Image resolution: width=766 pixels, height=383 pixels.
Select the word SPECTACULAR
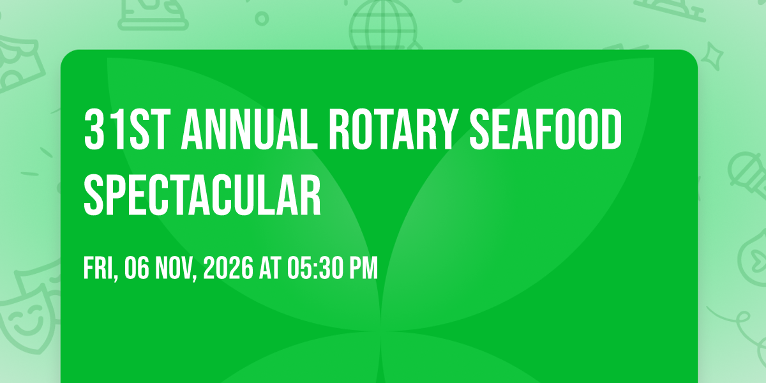tap(202, 195)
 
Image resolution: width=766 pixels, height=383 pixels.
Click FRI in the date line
tap(101, 268)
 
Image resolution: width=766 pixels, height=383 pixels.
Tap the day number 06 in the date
tap(137, 268)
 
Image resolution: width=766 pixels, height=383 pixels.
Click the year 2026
tap(228, 268)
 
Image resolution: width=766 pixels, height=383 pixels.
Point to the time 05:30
tap(315, 268)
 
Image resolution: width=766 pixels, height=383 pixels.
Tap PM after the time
tap(363, 268)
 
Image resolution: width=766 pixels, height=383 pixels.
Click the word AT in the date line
tap(270, 268)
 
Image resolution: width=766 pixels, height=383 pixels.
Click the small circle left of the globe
tap(262, 19)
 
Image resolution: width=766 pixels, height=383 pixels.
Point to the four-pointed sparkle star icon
tap(712, 56)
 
